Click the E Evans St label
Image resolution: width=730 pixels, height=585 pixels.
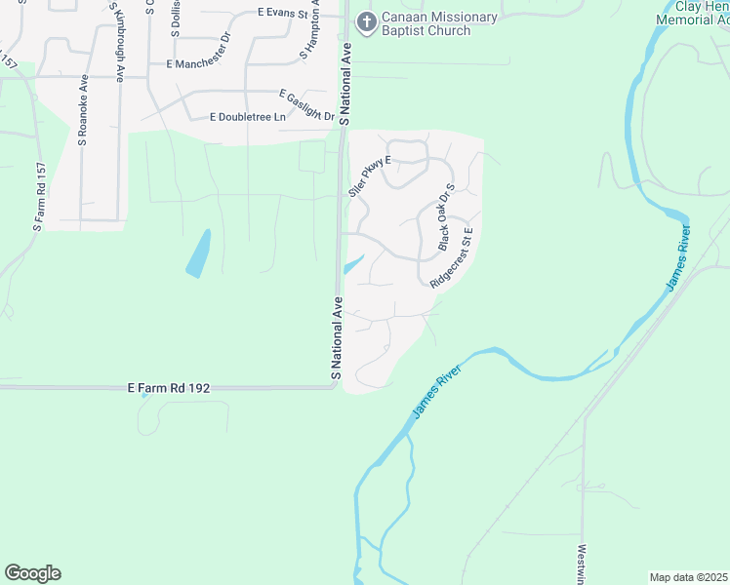282,15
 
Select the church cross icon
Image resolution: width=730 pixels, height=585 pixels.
366,22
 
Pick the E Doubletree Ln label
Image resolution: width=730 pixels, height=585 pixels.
248,117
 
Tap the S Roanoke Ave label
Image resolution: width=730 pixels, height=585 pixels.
84,110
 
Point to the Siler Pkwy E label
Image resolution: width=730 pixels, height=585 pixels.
369,175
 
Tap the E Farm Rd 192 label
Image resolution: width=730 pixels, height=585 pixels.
169,387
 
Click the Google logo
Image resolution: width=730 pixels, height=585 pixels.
32,573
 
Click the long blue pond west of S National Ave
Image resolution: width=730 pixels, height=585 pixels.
199,253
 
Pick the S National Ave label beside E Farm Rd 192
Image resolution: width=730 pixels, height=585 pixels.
336,337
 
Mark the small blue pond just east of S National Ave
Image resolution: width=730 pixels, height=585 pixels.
353,263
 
